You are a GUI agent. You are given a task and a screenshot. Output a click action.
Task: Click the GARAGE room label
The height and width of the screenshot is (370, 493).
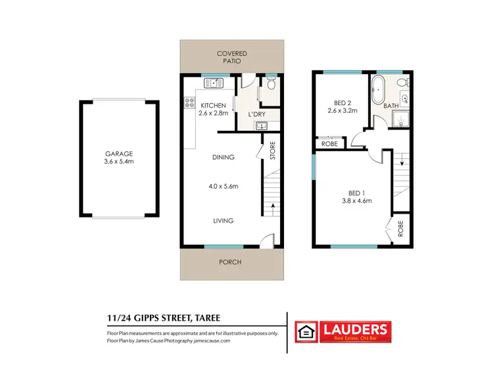coord(118,154)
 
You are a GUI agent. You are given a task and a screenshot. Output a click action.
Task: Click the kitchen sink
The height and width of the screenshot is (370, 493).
coord(213,83)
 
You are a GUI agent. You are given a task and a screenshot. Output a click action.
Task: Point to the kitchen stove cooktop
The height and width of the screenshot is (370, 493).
coord(189,103)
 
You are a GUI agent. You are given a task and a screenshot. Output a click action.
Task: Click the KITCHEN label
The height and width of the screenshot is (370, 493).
coord(214,105)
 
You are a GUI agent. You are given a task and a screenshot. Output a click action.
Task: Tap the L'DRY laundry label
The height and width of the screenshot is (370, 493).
coord(256,115)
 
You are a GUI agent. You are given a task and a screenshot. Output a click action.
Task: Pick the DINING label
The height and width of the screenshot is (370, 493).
coord(223,157)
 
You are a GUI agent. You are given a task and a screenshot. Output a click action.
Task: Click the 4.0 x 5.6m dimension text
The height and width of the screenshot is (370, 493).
coord(223,187)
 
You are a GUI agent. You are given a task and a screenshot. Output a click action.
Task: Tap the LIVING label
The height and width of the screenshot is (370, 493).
coord(223,221)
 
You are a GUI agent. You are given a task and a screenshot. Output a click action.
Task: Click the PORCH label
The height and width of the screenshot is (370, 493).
coord(230,262)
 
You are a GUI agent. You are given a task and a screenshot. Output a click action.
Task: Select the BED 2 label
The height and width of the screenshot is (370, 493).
coord(342,103)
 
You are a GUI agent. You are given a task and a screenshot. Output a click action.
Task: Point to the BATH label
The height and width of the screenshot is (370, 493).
coord(391,106)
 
